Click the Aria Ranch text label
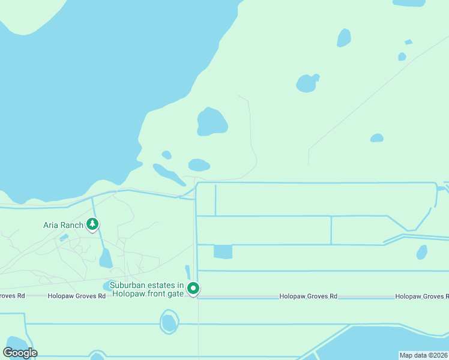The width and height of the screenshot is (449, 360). click(63, 225)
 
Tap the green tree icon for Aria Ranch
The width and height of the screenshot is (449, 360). click(92, 224)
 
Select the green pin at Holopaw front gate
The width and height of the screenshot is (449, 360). click(193, 289)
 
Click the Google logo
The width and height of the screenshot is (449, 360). click(20, 352)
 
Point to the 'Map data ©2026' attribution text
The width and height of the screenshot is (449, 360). click(423, 355)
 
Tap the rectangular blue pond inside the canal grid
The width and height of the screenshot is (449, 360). click(223, 251)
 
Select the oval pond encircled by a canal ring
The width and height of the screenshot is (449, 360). click(169, 323)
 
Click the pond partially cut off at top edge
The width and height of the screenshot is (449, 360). click(409, 3)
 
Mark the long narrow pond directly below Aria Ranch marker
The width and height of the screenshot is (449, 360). click(106, 259)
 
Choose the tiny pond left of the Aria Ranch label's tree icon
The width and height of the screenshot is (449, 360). click(64, 238)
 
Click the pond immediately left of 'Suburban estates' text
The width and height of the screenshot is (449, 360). click(109, 286)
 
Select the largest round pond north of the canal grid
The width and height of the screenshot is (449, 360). click(212, 122)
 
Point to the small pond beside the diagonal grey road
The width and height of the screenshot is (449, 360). click(376, 138)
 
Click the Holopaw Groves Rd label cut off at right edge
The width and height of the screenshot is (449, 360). click(421, 296)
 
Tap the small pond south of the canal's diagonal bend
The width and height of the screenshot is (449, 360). click(422, 252)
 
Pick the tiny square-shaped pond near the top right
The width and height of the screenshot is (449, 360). click(408, 42)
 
